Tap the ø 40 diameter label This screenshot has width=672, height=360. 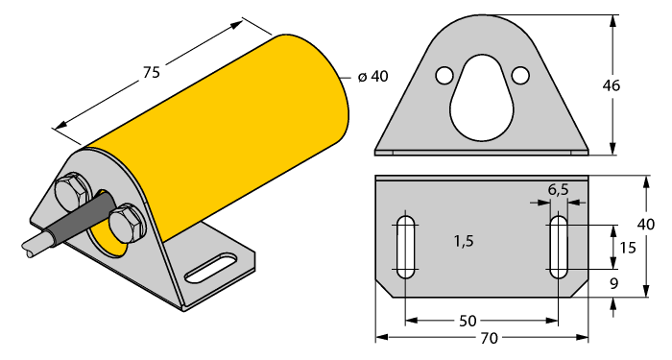pos(372,77)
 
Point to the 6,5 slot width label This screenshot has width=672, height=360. pos(558,190)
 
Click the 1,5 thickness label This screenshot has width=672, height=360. pos(464,242)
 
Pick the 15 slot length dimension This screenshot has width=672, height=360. pos(628,247)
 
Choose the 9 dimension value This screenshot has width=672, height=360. pos(626,284)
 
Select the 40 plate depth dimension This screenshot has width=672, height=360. pos(646,224)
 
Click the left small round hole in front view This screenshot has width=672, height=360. pos(444,75)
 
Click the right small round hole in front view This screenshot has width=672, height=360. pos(520,75)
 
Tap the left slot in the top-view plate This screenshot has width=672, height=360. pos(405,247)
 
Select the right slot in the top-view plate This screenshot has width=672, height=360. pos(558,247)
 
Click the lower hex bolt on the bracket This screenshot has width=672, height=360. pos(125,226)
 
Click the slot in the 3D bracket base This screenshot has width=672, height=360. pos(212,267)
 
